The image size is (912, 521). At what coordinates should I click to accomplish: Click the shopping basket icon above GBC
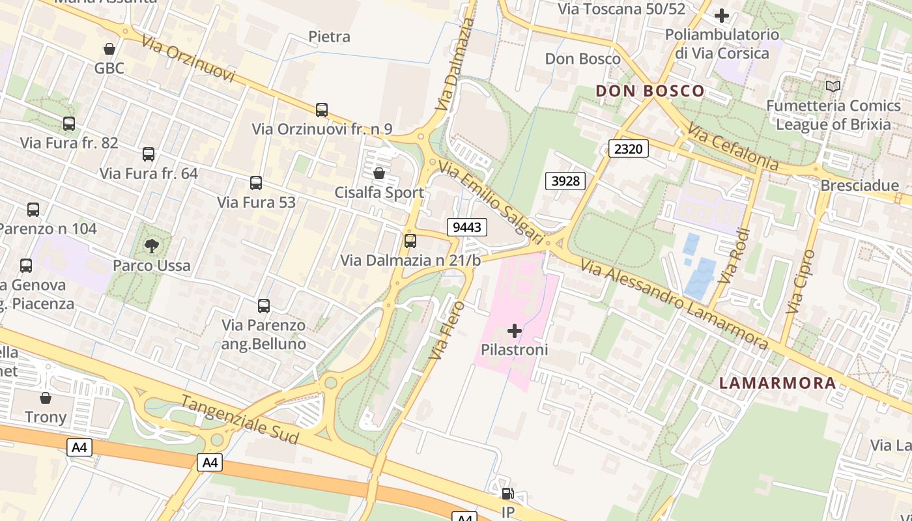(x=109, y=49)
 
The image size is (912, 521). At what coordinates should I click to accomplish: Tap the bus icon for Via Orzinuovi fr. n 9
(x=322, y=109)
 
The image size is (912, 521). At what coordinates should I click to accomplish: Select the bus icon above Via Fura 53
(x=256, y=183)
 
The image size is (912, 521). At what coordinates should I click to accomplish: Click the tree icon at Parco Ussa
(x=152, y=246)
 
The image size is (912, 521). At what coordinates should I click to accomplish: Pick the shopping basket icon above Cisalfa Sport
(x=378, y=173)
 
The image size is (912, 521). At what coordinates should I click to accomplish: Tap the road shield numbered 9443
(x=467, y=227)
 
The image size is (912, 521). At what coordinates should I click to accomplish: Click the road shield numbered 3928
(x=565, y=180)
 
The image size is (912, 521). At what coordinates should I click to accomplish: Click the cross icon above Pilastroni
(x=515, y=331)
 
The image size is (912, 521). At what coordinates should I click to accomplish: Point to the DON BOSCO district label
(x=650, y=91)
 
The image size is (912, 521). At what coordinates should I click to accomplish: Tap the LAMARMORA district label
(x=777, y=383)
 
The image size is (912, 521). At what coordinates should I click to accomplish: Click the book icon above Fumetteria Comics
(x=833, y=86)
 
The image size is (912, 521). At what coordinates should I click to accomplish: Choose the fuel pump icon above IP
(x=508, y=494)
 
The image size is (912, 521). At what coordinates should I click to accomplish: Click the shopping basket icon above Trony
(x=46, y=397)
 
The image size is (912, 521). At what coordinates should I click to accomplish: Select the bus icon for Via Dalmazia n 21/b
(x=410, y=241)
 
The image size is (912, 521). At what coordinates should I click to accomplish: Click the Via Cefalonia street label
(x=733, y=148)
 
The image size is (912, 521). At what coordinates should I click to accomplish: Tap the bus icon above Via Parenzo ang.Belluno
(x=264, y=305)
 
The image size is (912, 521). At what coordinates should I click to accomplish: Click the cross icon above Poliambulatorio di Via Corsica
(x=722, y=16)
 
